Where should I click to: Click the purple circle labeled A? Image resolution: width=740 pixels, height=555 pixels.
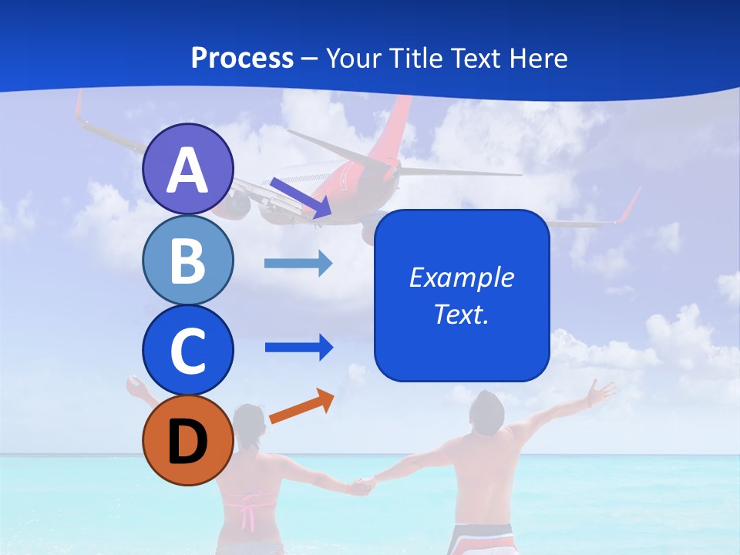click(187, 170)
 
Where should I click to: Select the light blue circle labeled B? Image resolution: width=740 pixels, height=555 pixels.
click(187, 261)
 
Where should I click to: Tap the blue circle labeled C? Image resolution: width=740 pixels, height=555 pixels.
click(187, 350)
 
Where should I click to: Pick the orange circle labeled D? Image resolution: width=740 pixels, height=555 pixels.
click(187, 440)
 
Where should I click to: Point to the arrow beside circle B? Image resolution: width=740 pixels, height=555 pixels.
click(298, 264)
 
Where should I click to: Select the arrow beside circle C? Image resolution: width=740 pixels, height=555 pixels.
click(298, 347)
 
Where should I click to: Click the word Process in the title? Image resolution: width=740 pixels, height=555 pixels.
click(242, 58)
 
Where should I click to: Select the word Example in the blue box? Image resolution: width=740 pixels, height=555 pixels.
click(461, 277)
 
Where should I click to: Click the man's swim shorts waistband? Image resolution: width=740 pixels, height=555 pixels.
click(479, 531)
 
